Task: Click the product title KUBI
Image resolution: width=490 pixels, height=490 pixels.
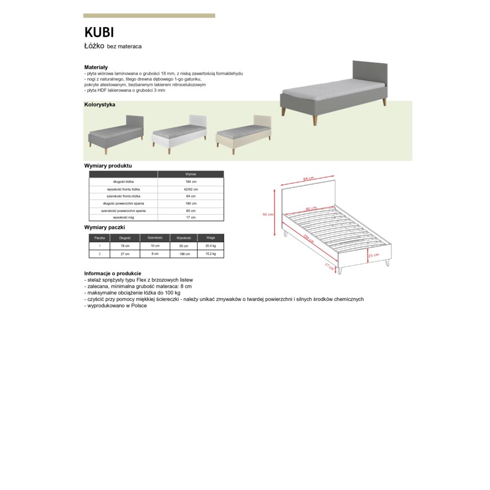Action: click(99, 33)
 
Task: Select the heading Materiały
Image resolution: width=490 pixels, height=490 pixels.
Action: click(96, 67)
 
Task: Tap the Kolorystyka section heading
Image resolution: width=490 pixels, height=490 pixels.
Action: click(100, 104)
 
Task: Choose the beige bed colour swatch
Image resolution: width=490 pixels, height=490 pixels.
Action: click(243, 134)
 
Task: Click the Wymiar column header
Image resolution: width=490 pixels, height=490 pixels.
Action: click(191, 174)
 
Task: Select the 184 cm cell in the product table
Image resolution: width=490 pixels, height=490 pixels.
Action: click(191, 182)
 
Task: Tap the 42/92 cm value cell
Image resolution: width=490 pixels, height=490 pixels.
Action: click(191, 189)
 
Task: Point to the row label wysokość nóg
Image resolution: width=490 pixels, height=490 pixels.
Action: click(124, 217)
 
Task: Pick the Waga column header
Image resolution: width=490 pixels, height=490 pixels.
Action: click(210, 238)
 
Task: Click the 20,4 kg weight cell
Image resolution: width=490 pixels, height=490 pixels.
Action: click(210, 246)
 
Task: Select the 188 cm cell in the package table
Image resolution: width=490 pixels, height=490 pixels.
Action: click(183, 254)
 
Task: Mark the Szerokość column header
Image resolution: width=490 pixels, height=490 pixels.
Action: click(154, 238)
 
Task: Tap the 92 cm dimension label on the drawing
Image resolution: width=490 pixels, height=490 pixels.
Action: click(268, 215)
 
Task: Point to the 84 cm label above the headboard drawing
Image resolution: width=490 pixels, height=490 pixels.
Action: click(307, 178)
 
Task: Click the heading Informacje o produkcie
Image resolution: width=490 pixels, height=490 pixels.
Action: click(112, 273)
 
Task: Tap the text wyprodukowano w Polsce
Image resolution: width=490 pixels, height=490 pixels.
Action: click(116, 306)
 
